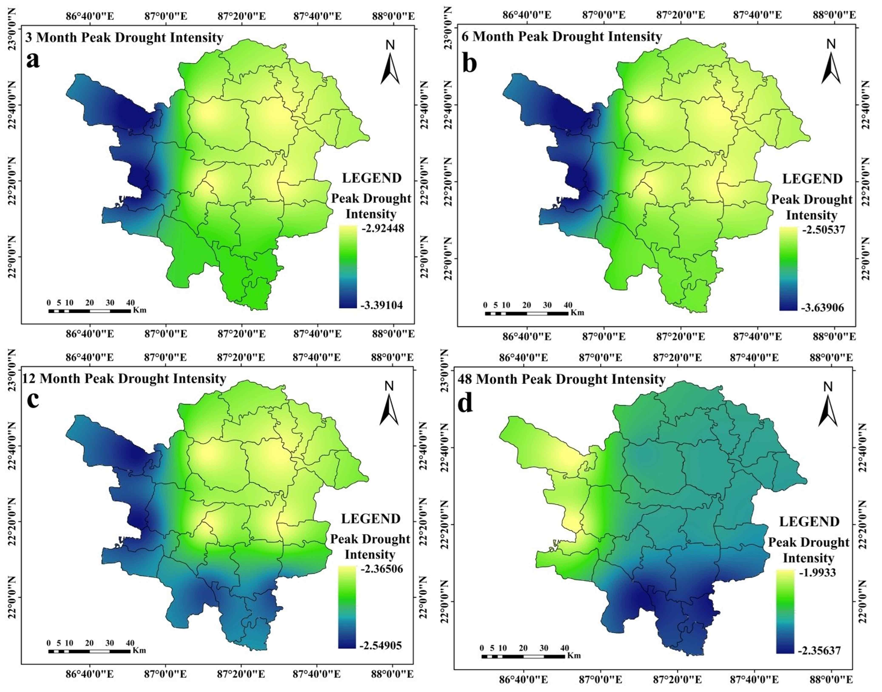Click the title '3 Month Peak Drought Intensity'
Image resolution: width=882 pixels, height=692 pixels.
[124, 38]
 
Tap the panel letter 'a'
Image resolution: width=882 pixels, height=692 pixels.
[33, 61]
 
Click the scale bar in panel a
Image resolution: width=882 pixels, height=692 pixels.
[89, 311]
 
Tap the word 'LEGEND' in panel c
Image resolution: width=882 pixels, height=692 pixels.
[370, 519]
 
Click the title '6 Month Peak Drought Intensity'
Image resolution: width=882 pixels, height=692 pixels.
[562, 37]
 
